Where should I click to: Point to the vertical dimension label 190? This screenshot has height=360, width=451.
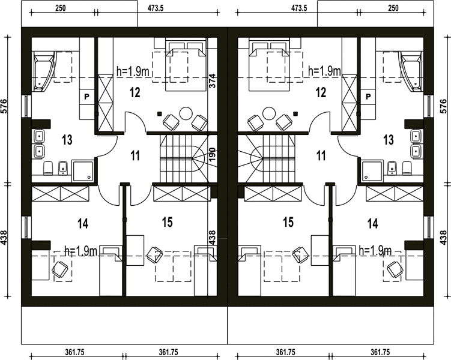212,155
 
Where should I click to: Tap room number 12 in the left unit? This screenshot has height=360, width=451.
135,92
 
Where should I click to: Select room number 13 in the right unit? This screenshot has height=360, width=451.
389,140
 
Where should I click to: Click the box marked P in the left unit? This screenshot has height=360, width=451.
86,97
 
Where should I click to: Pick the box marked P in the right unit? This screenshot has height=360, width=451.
368,97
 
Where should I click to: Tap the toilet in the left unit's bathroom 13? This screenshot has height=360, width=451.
48,168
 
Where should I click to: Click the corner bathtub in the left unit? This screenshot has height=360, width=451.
43,71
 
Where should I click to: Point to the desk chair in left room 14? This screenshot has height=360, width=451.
60,269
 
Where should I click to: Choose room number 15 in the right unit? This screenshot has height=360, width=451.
288,222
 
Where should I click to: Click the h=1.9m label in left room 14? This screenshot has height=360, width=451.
81,251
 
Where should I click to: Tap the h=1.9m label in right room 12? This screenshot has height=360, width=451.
324,70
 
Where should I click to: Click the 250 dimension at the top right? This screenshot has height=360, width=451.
393,8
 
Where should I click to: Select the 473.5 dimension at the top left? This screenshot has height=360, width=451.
156,8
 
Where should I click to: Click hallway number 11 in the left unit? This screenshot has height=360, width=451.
135,156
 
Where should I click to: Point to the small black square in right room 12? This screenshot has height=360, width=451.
295,113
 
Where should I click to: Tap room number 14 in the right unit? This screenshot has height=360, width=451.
373,224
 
